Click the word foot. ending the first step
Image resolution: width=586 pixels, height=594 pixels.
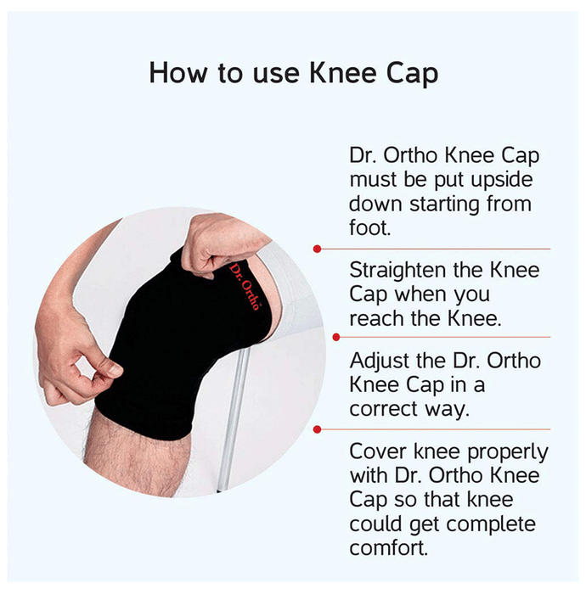[x=369, y=227]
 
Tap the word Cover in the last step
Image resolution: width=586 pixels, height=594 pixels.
[x=378, y=452]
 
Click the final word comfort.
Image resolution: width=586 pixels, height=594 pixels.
[x=388, y=548]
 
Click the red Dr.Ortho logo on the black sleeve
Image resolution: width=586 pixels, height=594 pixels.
[x=245, y=287]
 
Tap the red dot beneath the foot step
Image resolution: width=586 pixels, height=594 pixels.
[x=318, y=249]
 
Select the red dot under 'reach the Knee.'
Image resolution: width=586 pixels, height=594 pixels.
[x=335, y=337]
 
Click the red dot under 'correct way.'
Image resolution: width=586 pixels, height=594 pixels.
[x=318, y=429]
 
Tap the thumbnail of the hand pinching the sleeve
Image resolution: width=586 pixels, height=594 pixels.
[x=115, y=370]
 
